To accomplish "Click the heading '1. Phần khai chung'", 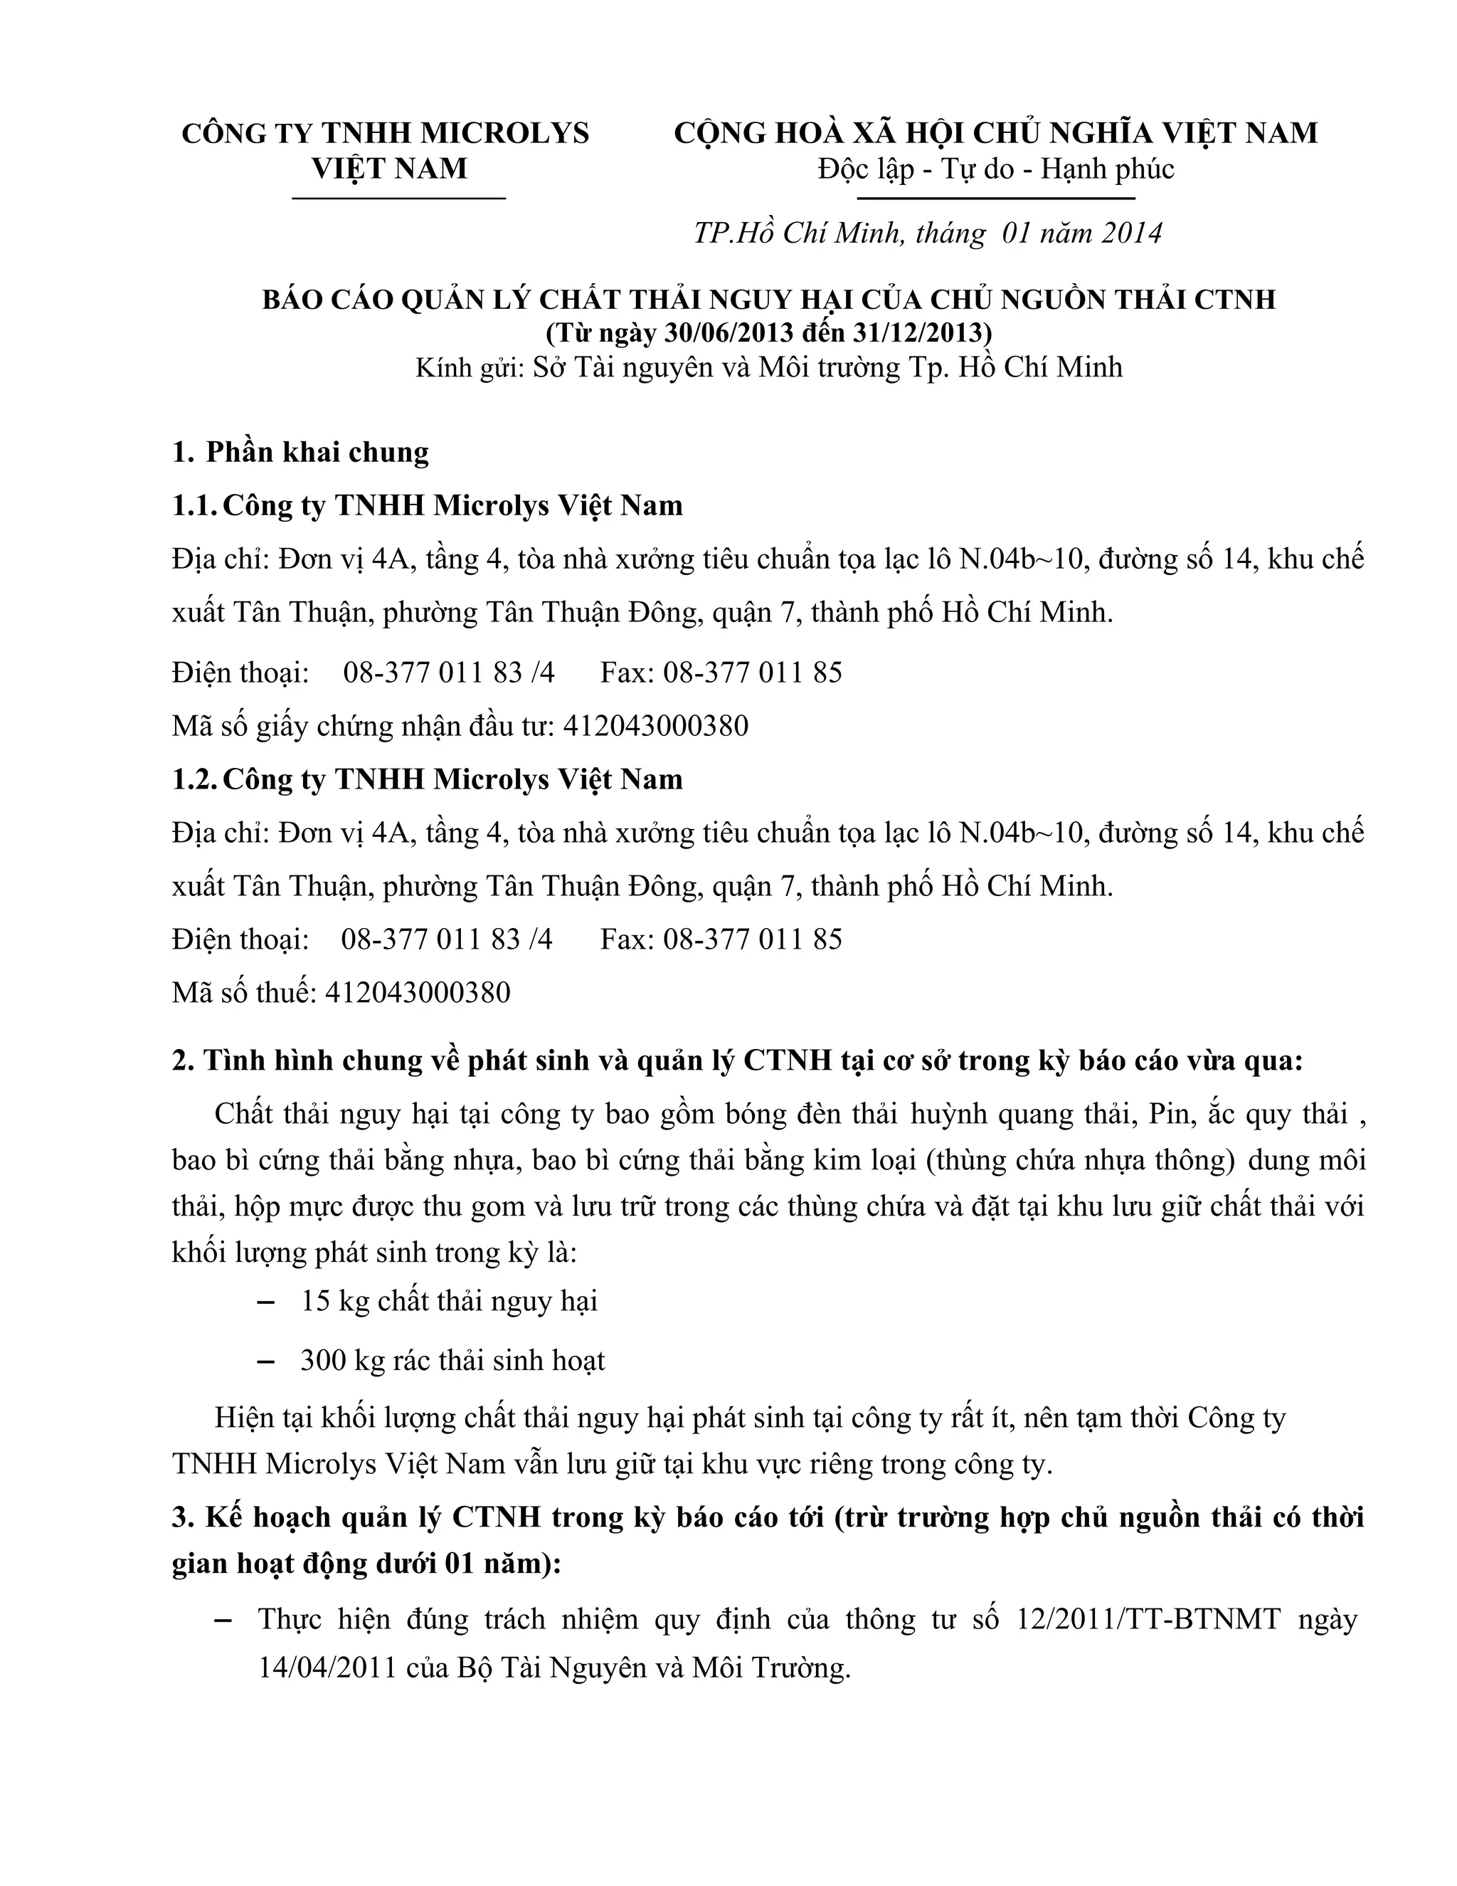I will click(x=300, y=453).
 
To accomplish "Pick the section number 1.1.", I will click(x=194, y=505).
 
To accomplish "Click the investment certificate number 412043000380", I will click(x=655, y=725).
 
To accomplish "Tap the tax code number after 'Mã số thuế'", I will click(x=418, y=992).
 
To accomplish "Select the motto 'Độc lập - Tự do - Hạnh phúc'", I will click(x=996, y=169).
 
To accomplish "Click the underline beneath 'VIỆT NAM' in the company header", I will click(x=399, y=199).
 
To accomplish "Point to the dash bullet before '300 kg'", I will click(x=267, y=1361).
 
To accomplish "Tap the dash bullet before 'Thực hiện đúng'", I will click(x=223, y=1619).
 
